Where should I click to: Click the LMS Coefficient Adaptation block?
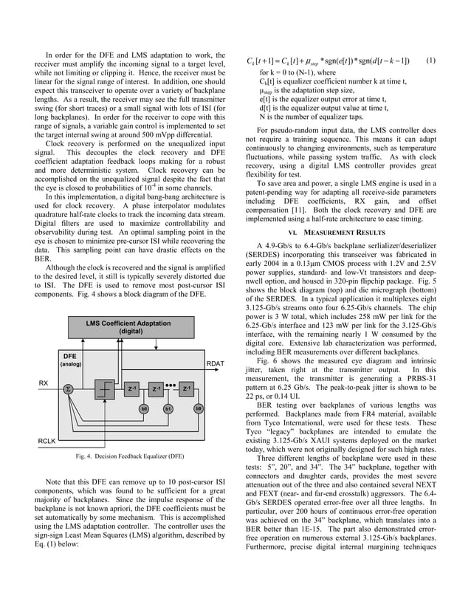[128, 328]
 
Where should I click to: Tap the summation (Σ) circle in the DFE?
[68, 388]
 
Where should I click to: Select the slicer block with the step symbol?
[106, 389]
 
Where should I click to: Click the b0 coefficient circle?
[144, 408]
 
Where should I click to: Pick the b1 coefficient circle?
[168, 408]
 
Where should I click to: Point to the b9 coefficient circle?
[198, 408]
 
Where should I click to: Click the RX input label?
[44, 383]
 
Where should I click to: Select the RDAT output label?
[216, 363]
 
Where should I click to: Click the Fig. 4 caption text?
[129, 456]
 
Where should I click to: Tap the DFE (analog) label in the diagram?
[72, 360]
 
